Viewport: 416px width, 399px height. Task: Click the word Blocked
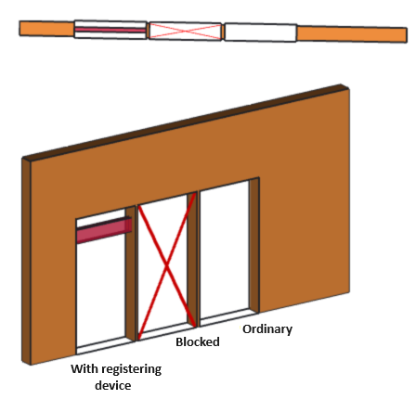click(198, 341)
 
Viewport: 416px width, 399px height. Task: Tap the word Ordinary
click(267, 328)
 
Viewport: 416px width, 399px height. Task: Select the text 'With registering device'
click(116, 376)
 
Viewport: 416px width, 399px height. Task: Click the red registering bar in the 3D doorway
click(101, 231)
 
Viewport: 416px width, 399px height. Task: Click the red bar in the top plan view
click(110, 30)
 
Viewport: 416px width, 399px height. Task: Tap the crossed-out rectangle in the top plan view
click(185, 31)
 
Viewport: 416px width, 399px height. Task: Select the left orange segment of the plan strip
click(46, 28)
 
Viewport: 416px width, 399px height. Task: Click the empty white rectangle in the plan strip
click(260, 32)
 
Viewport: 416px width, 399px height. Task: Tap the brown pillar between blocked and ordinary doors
click(193, 259)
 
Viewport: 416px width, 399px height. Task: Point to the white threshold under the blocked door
click(165, 332)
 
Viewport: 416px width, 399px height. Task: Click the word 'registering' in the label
click(132, 368)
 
